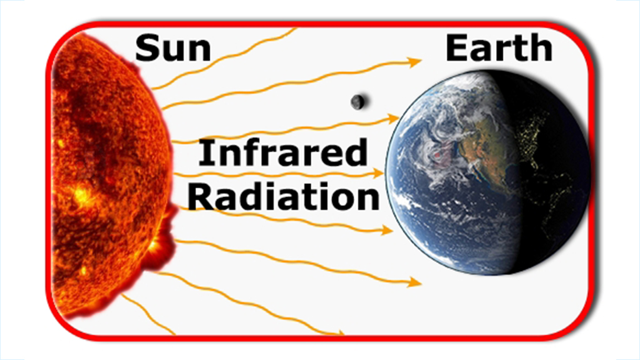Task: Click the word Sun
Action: coord(173,48)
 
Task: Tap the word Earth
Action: coord(498,48)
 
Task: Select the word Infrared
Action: coord(283,152)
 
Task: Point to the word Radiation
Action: coord(284,197)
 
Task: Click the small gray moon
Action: coord(358,102)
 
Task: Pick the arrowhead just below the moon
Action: coord(393,119)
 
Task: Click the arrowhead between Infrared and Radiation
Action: coord(378,173)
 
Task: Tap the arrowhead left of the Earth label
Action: coord(415,62)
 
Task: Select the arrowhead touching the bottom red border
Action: coord(339,333)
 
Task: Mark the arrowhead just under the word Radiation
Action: coord(386,230)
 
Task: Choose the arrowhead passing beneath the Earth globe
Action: coord(415,282)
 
